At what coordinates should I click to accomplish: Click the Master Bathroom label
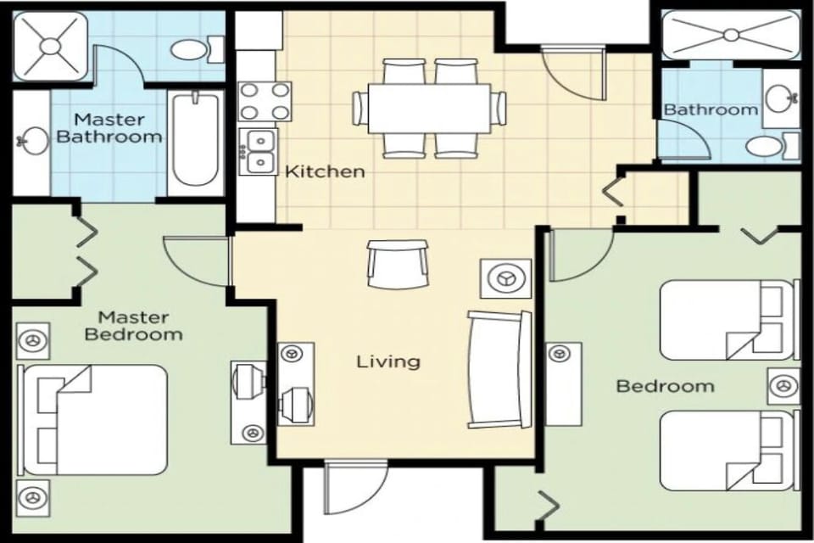108,127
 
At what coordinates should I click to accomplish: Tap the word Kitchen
325,171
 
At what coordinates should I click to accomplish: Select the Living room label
387,361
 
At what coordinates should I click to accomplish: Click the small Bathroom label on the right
710,109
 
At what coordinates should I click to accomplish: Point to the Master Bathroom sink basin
33,140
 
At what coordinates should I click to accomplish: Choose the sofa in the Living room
499,369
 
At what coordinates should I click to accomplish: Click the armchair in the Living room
398,264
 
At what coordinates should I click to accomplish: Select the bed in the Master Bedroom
93,420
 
